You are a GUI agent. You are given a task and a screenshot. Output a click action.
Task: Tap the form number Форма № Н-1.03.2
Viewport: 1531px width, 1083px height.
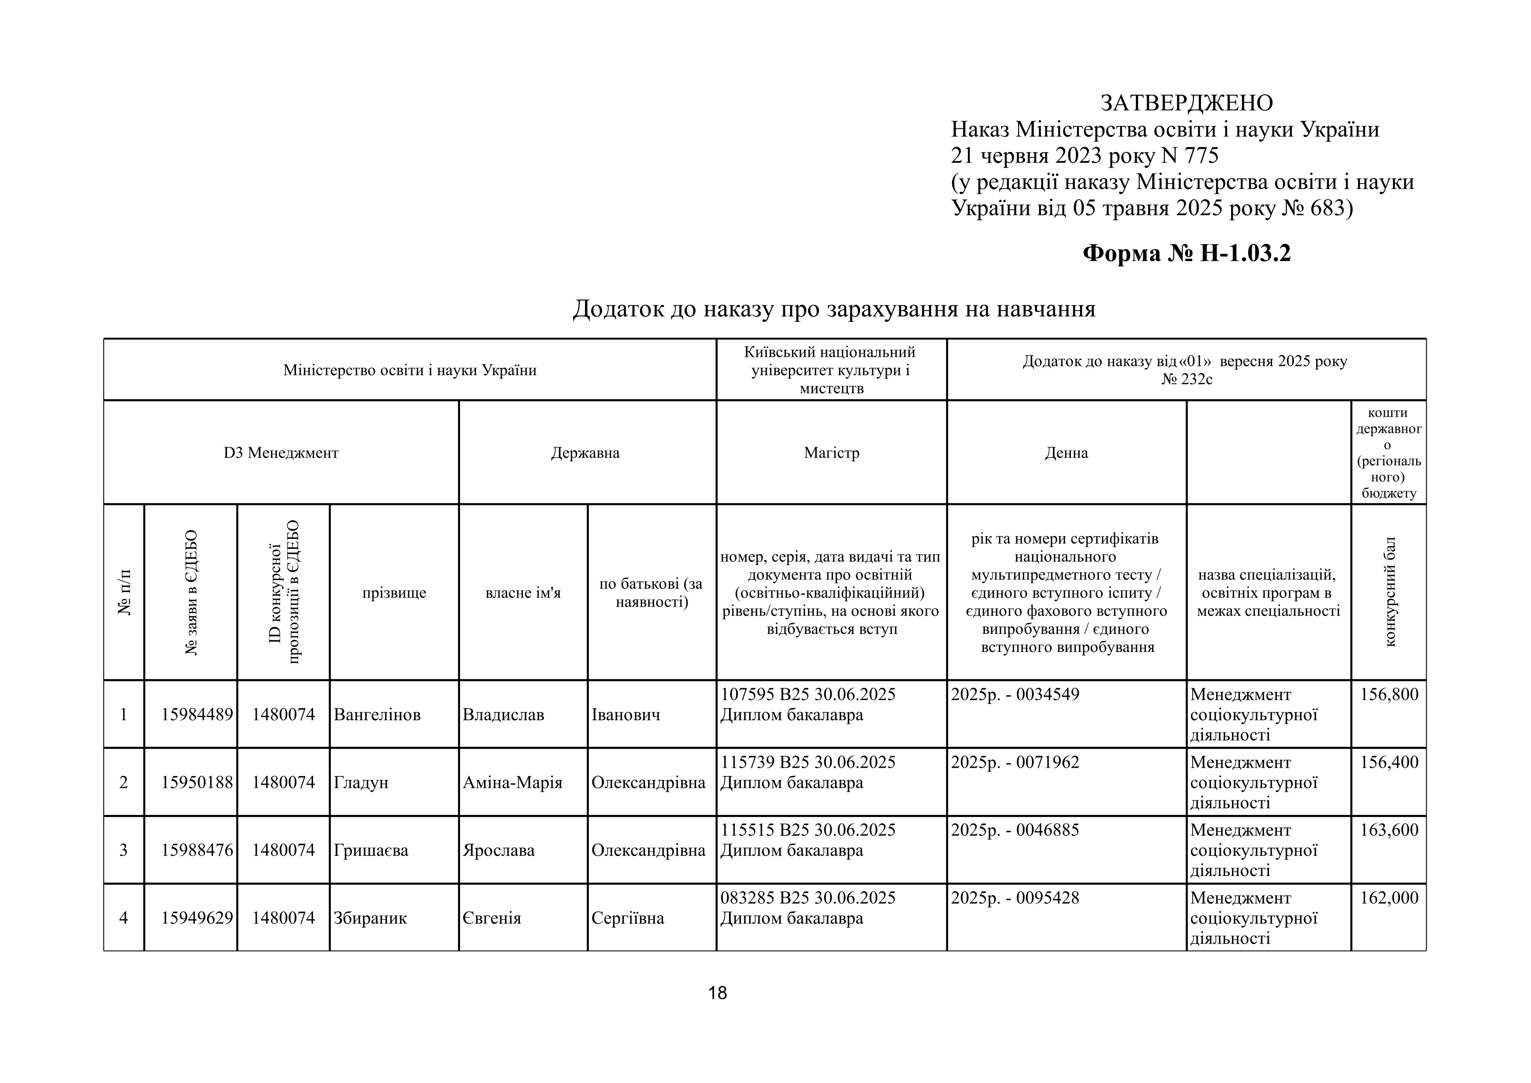1186,253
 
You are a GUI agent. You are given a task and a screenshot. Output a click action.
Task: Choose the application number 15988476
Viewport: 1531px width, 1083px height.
197,850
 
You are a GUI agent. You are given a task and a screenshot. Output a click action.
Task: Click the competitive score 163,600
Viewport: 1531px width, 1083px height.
1389,830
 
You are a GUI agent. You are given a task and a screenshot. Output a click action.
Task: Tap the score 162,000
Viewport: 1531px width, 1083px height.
1389,897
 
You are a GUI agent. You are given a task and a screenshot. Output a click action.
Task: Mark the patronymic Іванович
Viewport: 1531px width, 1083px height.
626,715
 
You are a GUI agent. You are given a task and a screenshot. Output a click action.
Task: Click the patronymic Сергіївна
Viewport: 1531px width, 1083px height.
627,918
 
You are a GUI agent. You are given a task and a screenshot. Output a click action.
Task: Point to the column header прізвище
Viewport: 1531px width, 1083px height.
394,593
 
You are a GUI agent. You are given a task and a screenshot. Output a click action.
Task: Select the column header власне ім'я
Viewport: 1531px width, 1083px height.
523,593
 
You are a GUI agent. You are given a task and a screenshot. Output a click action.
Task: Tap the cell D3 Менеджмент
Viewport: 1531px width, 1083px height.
281,453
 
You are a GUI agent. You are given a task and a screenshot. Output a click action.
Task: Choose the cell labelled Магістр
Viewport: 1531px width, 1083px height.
832,453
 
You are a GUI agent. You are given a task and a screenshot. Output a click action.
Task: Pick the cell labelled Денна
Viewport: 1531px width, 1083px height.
1066,453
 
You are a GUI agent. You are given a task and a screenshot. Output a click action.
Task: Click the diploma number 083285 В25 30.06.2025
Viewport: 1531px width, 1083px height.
808,897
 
